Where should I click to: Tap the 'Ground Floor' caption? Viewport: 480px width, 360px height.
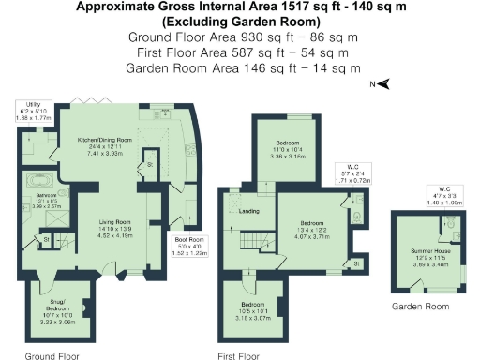[x=52, y=355]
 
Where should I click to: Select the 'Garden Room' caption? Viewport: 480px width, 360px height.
[x=419, y=306]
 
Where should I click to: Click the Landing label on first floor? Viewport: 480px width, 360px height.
[x=249, y=211]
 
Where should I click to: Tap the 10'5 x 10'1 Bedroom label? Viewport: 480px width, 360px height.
[x=255, y=310]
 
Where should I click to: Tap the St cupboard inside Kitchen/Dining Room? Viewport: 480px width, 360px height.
[x=148, y=165]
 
